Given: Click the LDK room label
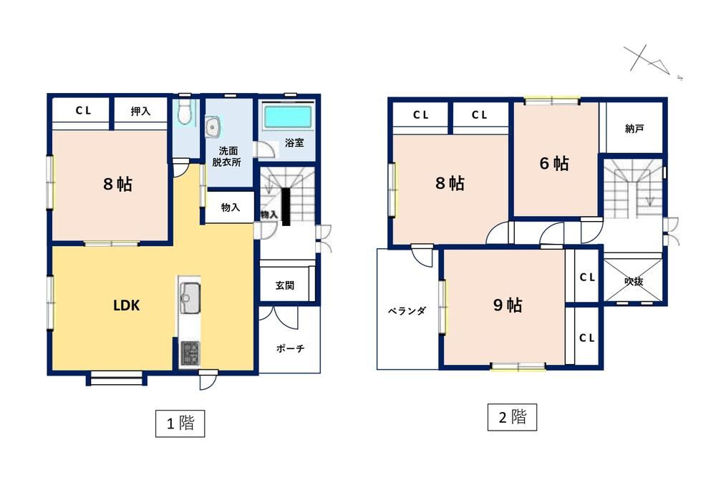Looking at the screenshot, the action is [x=127, y=305].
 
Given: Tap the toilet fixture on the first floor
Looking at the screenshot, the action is [x=183, y=112].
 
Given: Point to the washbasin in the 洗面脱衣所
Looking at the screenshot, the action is [x=213, y=126].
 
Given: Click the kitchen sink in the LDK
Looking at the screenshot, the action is [x=190, y=298].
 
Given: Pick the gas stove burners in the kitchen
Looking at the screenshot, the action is [x=190, y=353].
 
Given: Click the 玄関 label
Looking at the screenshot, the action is [x=285, y=285].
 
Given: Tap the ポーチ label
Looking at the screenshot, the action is [x=291, y=348].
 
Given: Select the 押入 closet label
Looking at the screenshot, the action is [x=140, y=111].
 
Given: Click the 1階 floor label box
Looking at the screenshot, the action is [x=180, y=423].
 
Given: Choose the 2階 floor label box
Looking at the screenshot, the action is [x=512, y=417].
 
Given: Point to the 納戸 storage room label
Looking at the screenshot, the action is [x=634, y=129].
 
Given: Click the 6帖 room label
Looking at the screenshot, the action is [x=554, y=163].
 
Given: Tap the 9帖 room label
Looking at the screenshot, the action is [x=508, y=305].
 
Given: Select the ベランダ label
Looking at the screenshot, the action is [x=407, y=311].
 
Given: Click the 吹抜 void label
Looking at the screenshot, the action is [x=634, y=282].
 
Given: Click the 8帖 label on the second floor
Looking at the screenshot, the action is [x=450, y=183].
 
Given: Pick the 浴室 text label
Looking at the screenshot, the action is [x=294, y=142].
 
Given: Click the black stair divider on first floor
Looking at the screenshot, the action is [x=286, y=207].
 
